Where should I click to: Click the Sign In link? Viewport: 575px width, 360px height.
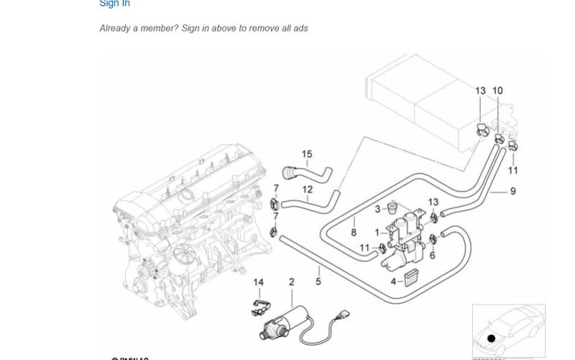114,4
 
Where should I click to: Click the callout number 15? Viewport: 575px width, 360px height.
307,154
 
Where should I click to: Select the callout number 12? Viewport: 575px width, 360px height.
308,190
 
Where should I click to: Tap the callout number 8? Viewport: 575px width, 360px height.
354,232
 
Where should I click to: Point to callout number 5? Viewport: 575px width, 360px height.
318,282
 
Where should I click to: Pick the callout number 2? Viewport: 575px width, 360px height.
291,282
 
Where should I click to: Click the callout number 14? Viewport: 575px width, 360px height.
259,282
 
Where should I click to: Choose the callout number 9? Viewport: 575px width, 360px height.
513,191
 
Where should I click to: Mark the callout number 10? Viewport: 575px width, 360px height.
497,91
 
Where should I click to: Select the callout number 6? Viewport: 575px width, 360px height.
433,255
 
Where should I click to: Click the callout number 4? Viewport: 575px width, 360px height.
393,281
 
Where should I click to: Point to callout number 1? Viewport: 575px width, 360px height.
377,232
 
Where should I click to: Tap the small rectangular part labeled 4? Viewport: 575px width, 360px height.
410,277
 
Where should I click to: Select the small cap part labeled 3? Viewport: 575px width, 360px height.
392,208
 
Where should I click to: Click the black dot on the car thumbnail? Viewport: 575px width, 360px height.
492,338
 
